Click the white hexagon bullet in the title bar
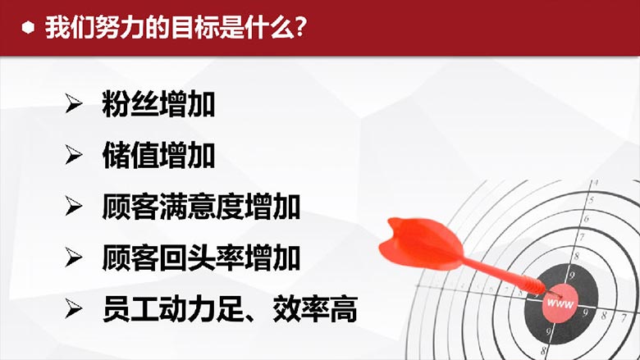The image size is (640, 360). pos(28,28)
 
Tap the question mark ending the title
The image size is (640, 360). pos(300,28)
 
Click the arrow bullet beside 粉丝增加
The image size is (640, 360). pos(74,103)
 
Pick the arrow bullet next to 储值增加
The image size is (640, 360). pos(74,155)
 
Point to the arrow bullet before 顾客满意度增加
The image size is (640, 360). pos(74,206)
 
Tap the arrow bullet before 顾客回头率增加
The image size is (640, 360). pos(74,257)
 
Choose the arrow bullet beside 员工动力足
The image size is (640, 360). pos(74,308)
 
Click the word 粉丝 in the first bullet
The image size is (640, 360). pos(130,104)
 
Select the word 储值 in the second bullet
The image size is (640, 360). pos(130,155)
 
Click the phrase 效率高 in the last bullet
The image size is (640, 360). pos(315,309)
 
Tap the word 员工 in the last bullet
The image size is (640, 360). pos(130,309)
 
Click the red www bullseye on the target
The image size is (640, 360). pos(560,303)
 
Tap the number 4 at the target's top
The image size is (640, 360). pos(596,182)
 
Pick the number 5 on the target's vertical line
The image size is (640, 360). pos(591,200)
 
